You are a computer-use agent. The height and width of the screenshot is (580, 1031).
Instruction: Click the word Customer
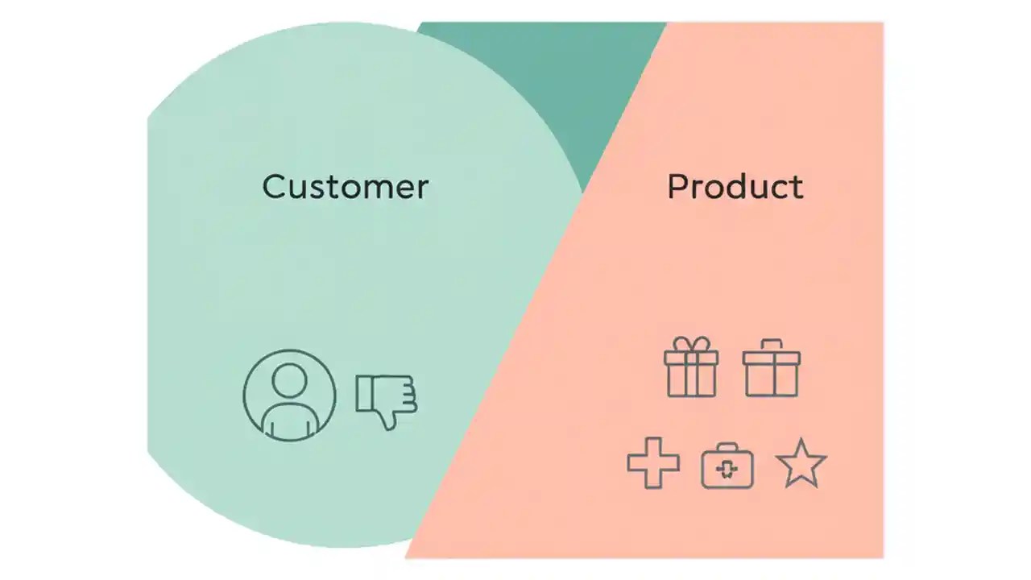coord(345,187)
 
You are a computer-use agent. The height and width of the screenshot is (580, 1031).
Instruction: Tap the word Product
coord(735,187)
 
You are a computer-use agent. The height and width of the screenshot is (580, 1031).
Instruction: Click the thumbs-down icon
coord(387,400)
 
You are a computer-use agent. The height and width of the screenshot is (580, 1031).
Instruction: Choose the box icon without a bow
coord(771,368)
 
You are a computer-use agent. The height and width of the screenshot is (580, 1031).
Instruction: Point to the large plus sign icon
coord(653,462)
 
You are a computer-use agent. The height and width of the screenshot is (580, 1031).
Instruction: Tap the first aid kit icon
coord(727,466)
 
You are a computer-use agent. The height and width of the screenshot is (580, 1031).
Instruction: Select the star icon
coord(801,464)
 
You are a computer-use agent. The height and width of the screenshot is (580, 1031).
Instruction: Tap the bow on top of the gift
coord(691,344)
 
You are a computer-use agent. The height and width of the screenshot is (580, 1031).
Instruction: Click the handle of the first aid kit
coord(727,447)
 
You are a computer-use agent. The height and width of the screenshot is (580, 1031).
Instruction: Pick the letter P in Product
coord(677,187)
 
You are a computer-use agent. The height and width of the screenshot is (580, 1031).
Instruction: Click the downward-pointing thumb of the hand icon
coord(389,418)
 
